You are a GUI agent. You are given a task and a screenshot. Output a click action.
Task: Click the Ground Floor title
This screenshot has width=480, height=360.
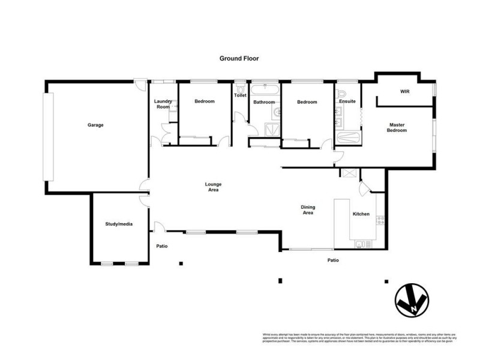pos(238,59)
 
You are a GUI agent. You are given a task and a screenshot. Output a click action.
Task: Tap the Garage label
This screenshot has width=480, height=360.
pos(95,125)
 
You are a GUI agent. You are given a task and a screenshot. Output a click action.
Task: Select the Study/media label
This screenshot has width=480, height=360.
pos(118,224)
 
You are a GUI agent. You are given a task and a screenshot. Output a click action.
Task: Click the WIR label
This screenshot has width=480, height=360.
pos(404,92)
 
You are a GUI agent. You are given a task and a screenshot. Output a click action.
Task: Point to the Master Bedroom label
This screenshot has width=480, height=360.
pos(397,127)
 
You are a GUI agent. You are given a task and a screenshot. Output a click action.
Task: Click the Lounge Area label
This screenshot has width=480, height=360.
pos(213,187)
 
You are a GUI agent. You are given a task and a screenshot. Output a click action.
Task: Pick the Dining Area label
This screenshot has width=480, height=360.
pos(308,210)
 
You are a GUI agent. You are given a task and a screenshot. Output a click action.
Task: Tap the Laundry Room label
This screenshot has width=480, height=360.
pos(163,104)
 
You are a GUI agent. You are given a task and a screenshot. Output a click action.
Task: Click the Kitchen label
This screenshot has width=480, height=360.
pos(361,214)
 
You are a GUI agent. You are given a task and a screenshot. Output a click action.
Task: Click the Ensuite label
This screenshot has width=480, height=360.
pos(347,101)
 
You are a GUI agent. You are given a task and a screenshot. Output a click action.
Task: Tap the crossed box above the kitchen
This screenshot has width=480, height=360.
pos(347,173)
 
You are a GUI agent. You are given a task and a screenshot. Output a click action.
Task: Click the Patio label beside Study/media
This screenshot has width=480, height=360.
pos(162,246)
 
